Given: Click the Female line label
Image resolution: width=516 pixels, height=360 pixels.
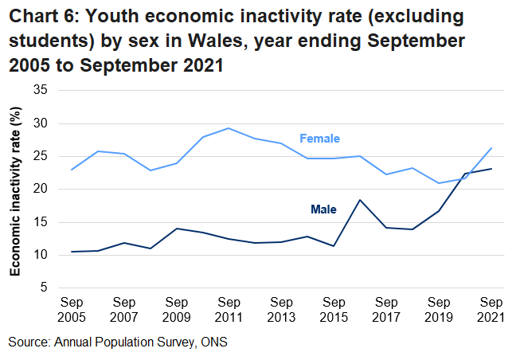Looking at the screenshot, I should [319, 139].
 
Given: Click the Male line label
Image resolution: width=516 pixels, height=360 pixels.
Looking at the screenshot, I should [323, 209].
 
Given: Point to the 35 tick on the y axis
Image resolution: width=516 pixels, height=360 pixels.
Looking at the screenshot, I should [41, 91].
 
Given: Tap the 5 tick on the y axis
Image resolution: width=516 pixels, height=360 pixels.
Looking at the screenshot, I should [44, 288].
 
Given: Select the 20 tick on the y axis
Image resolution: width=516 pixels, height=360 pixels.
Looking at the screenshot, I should [41, 190].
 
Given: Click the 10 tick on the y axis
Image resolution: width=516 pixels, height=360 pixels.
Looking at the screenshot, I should [41, 255].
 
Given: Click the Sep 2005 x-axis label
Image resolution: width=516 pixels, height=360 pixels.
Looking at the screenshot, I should [72, 310].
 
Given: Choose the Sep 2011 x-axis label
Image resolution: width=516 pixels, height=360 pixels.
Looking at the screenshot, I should [229, 310].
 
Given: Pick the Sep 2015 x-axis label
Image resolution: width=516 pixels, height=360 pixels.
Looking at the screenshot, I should [334, 310].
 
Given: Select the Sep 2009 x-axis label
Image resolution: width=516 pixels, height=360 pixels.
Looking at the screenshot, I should [176, 310].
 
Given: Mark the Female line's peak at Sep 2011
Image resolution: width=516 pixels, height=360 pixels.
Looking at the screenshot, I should [229, 128].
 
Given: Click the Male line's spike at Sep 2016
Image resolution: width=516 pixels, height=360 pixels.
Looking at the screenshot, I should [360, 200].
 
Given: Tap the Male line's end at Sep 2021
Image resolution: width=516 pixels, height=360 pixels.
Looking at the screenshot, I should [491, 169].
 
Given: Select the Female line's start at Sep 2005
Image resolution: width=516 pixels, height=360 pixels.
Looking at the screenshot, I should [72, 170].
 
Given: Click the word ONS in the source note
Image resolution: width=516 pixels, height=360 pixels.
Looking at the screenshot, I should [215, 342].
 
